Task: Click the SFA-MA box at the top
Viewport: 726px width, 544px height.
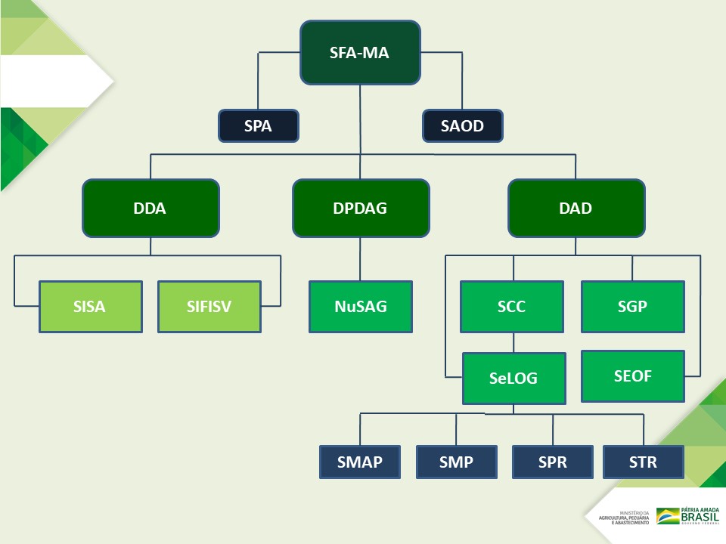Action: [x=360, y=53]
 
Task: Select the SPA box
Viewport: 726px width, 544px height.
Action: [x=259, y=126]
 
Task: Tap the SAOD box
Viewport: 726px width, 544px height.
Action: [x=462, y=126]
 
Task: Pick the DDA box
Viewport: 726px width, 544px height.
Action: [x=150, y=209]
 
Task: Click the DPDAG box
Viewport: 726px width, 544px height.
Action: [x=361, y=209]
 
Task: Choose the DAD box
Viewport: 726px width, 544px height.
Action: [x=576, y=209]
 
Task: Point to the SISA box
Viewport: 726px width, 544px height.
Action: [x=91, y=307]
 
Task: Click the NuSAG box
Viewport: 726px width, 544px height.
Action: [x=361, y=307]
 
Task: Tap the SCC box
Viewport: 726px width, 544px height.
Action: [x=512, y=307]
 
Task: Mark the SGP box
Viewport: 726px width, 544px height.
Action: [x=632, y=307]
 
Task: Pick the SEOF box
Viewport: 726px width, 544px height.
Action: [x=632, y=376]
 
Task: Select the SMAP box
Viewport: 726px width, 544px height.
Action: [x=360, y=462]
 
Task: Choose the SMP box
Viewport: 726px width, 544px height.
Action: [x=456, y=462]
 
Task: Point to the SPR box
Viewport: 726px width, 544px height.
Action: [x=552, y=462]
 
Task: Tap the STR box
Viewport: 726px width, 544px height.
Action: [x=643, y=462]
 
